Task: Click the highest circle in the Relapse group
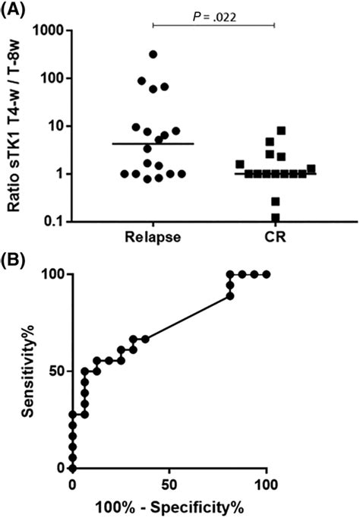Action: pyautogui.click(x=153, y=55)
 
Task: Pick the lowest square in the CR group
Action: pyautogui.click(x=275, y=218)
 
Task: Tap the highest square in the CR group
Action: pyautogui.click(x=281, y=131)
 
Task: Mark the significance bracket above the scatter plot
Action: pyautogui.click(x=213, y=25)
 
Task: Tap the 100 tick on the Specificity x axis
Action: pyautogui.click(x=266, y=484)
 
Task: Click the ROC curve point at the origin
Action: pyautogui.click(x=72, y=468)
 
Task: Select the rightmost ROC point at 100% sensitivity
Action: pyautogui.click(x=266, y=274)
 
